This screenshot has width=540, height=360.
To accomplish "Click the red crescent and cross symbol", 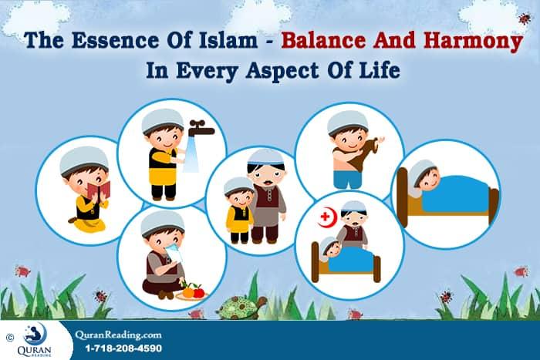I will tap(330, 214).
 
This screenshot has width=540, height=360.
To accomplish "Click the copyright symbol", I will tap(9, 337).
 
